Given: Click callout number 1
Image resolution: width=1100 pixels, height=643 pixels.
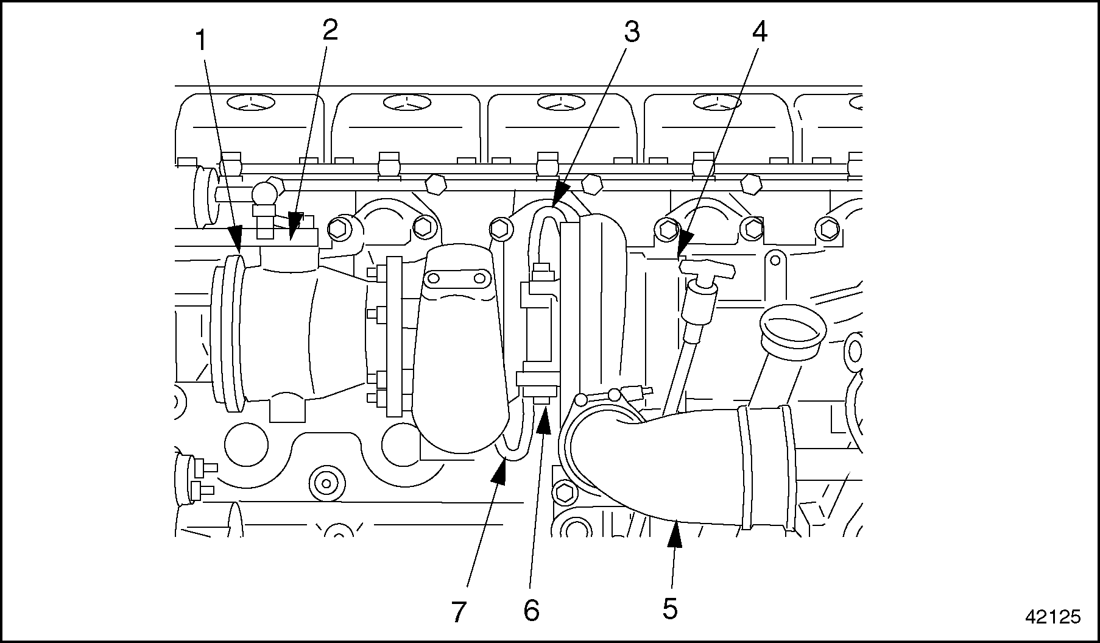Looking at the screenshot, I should [x=200, y=42].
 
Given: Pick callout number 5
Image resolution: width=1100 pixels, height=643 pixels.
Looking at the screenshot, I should [x=670, y=608].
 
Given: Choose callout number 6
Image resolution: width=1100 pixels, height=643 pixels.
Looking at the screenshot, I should [x=531, y=610].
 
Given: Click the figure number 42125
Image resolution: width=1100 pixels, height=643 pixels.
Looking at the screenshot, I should [x=1052, y=617].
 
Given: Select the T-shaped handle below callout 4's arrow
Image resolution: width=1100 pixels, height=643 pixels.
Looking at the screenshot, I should [x=707, y=268].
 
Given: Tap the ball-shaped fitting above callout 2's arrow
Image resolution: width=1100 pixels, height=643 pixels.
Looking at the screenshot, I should [x=266, y=194].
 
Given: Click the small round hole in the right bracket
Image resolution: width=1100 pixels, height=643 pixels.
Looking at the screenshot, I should [x=775, y=260].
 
